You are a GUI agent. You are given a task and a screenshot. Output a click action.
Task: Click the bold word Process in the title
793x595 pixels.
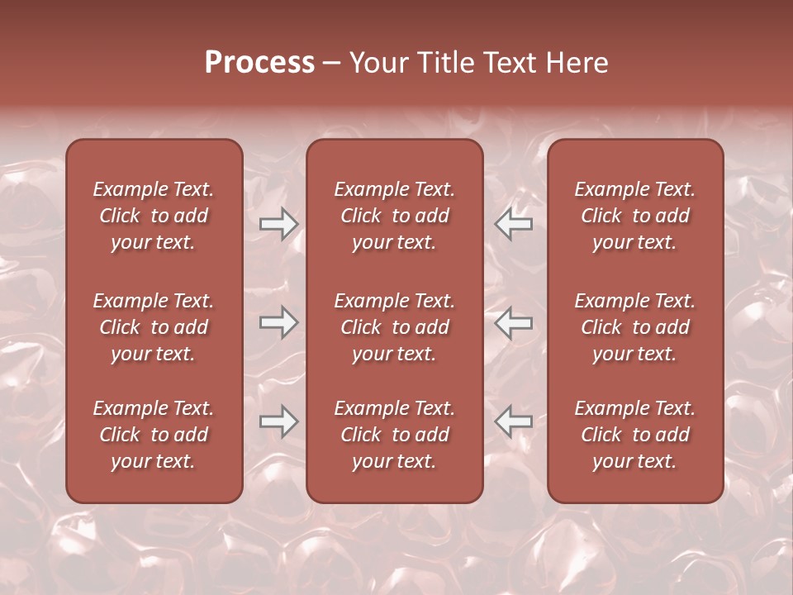coord(259,63)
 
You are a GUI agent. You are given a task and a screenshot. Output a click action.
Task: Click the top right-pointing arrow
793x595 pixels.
coord(278,224)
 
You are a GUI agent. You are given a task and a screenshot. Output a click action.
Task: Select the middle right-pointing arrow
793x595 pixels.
coord(278,322)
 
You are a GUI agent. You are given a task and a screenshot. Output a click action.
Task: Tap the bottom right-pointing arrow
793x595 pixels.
coord(278,421)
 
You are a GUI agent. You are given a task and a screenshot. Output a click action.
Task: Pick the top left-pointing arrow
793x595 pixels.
coord(514,224)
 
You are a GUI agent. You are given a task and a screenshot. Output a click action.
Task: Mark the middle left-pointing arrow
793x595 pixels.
coord(514,322)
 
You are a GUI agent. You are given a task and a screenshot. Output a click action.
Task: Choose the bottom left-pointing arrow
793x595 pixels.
coord(514,421)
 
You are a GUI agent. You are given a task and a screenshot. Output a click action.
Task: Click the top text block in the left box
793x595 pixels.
coord(154,216)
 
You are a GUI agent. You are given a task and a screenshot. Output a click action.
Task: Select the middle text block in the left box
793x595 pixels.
coord(154,327)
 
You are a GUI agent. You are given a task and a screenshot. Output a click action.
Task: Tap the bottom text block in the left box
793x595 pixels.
coord(154,435)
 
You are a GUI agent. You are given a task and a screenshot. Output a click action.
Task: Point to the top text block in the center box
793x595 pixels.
coord(394,216)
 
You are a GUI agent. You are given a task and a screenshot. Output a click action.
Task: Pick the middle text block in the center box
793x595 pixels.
coord(394,327)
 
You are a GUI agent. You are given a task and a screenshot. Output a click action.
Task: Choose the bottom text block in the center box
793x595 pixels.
coord(394,435)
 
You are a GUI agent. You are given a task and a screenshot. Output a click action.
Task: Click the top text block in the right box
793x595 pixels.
coord(634,216)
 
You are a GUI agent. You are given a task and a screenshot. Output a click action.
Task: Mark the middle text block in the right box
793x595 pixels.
coord(634,327)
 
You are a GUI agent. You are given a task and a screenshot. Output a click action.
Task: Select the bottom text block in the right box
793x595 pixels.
coord(634,435)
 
